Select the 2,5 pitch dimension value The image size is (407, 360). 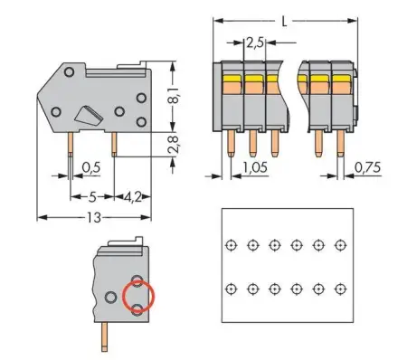point(256,42)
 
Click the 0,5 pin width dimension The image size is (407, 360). point(90,167)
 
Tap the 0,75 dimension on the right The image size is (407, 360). point(365,167)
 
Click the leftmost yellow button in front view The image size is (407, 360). point(231,80)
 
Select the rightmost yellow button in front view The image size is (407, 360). point(340,80)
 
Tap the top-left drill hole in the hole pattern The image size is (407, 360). point(232,244)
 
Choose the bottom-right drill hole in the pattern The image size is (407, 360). point(340,288)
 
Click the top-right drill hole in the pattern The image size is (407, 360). point(340,244)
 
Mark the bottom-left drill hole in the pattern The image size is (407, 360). point(232,288)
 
